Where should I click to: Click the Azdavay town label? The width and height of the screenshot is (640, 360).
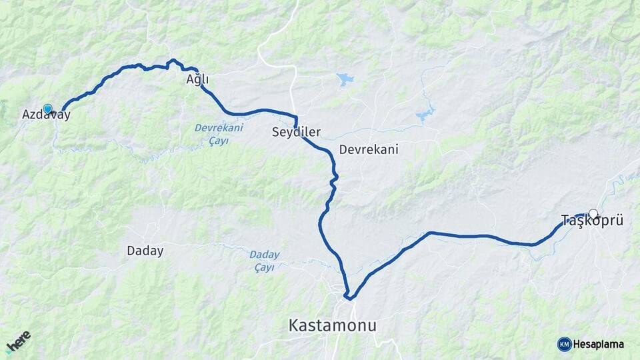click(46, 115)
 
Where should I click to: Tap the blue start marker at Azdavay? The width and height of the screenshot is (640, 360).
click(47, 108)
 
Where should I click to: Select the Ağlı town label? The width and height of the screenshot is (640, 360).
click(197, 80)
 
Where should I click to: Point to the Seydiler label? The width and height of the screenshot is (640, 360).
click(297, 132)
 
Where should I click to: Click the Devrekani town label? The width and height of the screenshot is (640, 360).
click(369, 149)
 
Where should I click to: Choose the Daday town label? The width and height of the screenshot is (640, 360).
click(145, 251)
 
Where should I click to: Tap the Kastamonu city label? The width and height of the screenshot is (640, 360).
click(332, 326)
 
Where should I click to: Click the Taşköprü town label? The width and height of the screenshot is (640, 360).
click(592, 221)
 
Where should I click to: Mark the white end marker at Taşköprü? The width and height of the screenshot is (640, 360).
click(593, 214)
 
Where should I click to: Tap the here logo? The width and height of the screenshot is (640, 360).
click(18, 341)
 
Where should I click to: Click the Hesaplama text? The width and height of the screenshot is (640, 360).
click(599, 345)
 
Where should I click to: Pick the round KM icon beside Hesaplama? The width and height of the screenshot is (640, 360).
click(565, 345)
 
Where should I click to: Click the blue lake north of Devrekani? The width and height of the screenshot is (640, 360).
click(345, 79)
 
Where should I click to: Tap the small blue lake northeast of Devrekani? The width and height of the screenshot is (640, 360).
click(425, 115)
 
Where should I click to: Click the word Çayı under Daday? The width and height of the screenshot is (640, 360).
click(265, 267)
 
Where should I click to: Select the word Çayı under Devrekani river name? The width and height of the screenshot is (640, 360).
click(219, 140)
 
